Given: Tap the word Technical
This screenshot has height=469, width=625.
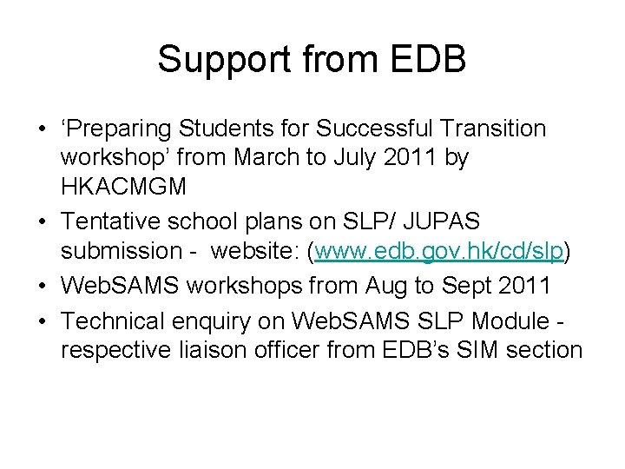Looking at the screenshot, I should (x=113, y=320).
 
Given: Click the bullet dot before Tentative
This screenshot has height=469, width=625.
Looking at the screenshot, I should (x=41, y=221).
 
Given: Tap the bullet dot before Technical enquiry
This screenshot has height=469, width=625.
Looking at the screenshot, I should (x=41, y=321).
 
